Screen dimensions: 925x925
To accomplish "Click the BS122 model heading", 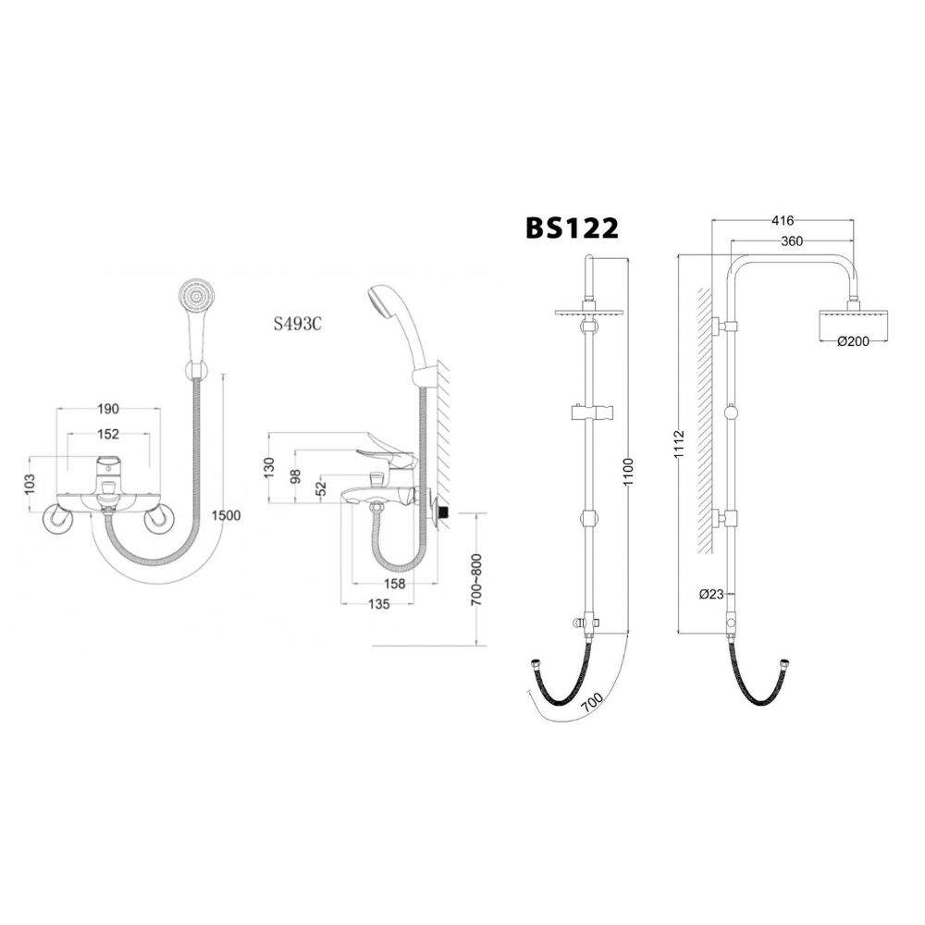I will coord(572,228).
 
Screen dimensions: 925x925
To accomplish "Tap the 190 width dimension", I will coord(108,408).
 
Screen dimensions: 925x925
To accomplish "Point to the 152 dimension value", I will coord(108,433).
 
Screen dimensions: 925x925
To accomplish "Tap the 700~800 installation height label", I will coord(475,579).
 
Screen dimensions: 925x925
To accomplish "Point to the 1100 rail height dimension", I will coord(630,471).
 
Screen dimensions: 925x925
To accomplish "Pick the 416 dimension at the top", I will coord(782,220).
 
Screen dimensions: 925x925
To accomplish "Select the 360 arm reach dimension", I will coord(791,240).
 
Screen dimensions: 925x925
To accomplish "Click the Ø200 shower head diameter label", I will coord(852,340).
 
